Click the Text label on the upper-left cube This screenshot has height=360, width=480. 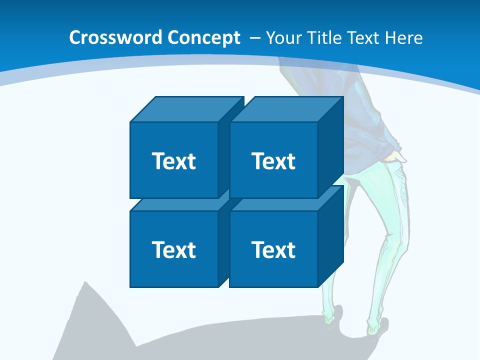(x=173, y=161)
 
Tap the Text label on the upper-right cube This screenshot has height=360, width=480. (x=273, y=161)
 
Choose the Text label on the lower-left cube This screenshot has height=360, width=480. (x=173, y=249)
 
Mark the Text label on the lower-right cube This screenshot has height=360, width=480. (x=273, y=249)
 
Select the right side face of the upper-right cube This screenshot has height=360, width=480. (x=330, y=147)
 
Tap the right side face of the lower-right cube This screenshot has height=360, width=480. (x=330, y=236)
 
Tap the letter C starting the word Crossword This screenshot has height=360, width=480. (x=75, y=38)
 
